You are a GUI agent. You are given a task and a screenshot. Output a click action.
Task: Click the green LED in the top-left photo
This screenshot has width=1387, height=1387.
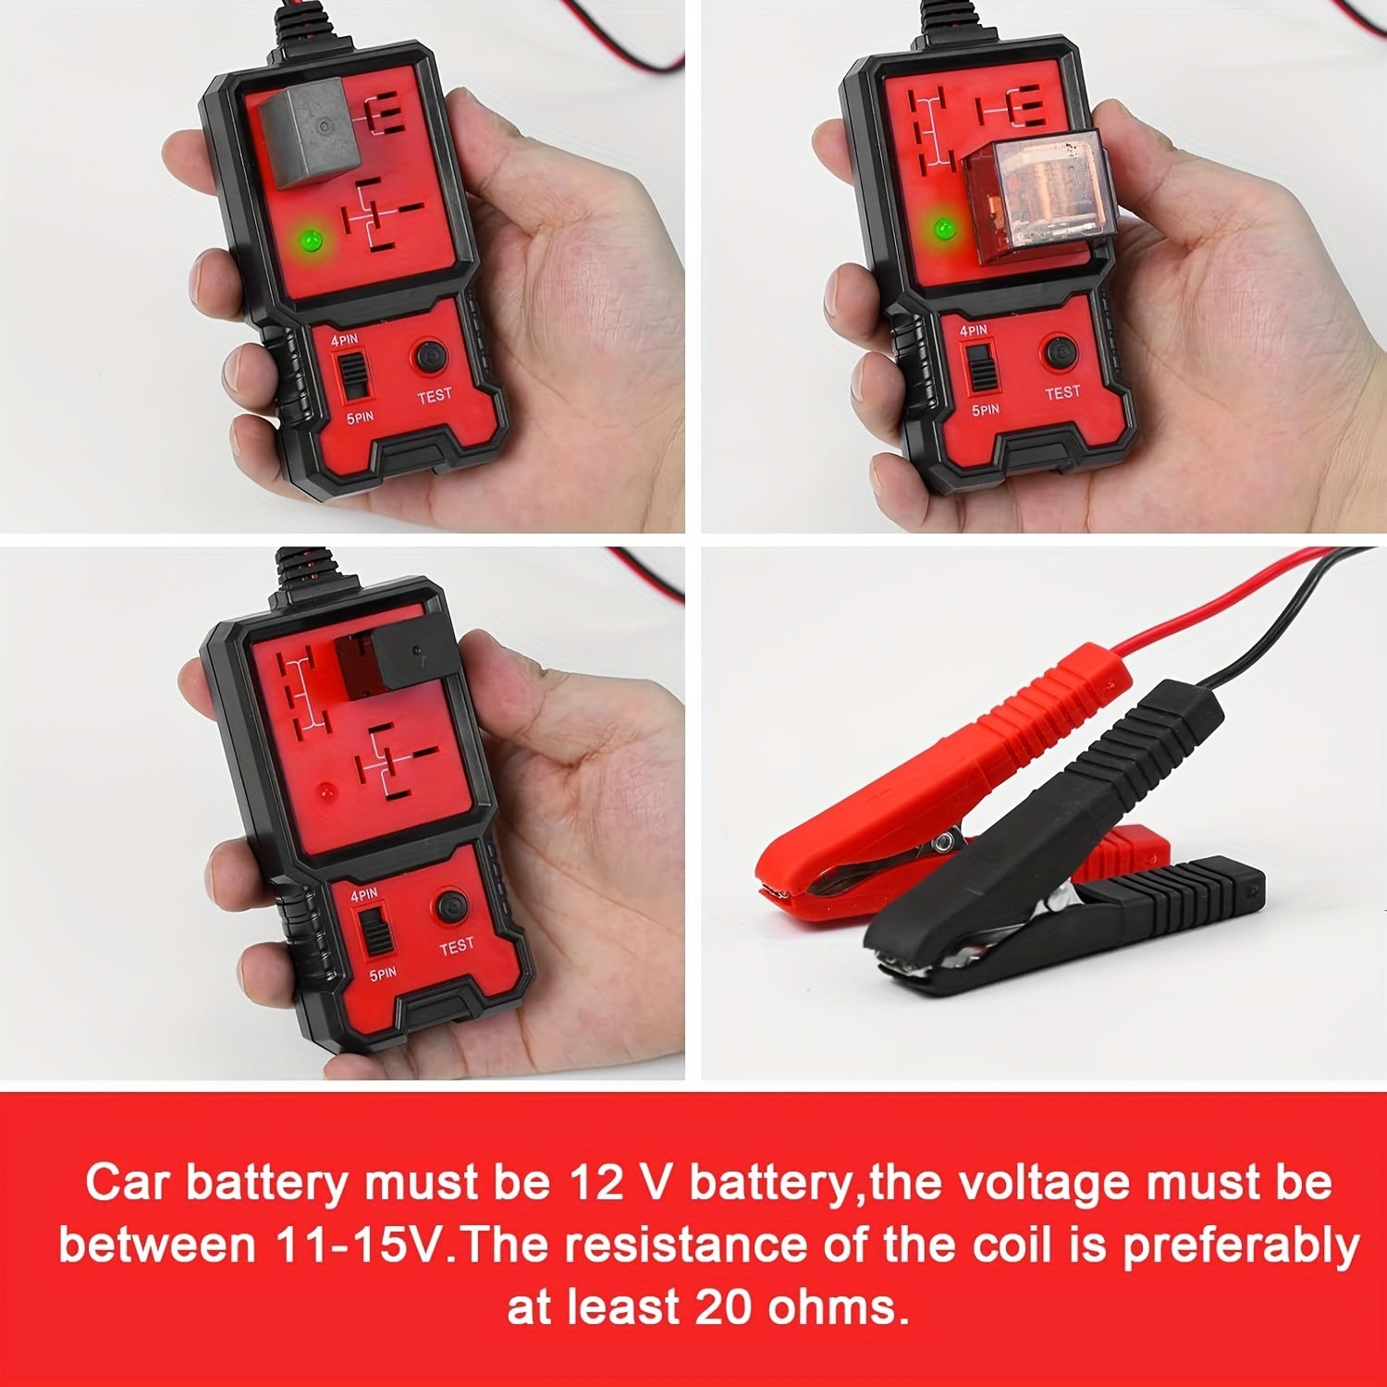(x=312, y=240)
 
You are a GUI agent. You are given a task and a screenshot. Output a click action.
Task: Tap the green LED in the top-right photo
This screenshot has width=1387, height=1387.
(x=944, y=227)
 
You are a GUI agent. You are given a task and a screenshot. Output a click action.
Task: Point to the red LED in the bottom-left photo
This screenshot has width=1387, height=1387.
(x=325, y=792)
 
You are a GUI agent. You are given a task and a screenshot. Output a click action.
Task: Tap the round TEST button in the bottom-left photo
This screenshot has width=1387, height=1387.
(x=452, y=905)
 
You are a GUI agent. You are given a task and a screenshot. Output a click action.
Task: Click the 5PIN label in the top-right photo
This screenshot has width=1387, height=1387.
(x=985, y=409)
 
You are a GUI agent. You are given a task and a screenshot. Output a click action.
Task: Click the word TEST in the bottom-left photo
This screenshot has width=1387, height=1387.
(x=456, y=946)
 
